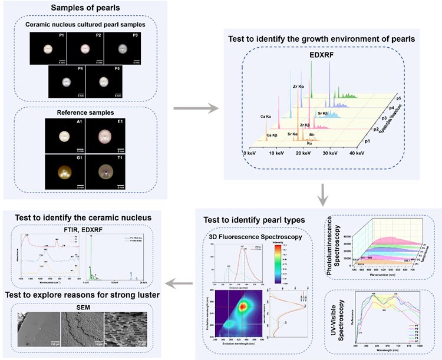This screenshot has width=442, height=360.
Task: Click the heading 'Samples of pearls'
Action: click(84, 7)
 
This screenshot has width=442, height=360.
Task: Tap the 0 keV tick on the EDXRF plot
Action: click(250, 153)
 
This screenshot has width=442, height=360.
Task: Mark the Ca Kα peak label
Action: click(263, 116)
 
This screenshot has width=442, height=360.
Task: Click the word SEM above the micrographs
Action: click(84, 305)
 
